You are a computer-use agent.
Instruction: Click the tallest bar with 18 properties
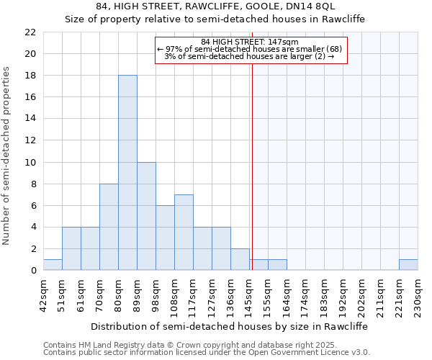127,173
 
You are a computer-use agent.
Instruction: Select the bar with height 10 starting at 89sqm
146,216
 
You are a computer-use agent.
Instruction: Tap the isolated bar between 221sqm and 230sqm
408,265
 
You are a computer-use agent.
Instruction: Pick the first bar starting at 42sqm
53,265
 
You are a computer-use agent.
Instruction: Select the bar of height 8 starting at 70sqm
109,227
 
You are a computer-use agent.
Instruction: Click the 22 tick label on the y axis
30,32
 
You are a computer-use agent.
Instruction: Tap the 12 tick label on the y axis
30,140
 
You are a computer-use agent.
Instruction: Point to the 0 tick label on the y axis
33,271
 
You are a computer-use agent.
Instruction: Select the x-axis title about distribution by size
230,326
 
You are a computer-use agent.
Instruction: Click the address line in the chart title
215,7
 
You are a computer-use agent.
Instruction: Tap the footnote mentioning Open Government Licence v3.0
207,353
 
